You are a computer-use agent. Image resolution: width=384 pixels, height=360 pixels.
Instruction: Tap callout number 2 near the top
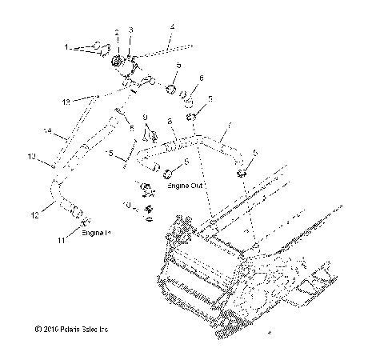pyautogui.click(x=117, y=32)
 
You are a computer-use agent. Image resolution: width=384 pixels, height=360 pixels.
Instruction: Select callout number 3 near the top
pyautogui.click(x=131, y=30)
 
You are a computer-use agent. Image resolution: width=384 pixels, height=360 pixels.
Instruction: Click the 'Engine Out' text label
pyautogui.click(x=185, y=186)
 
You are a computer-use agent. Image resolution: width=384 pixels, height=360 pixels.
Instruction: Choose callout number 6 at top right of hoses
pyautogui.click(x=202, y=78)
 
